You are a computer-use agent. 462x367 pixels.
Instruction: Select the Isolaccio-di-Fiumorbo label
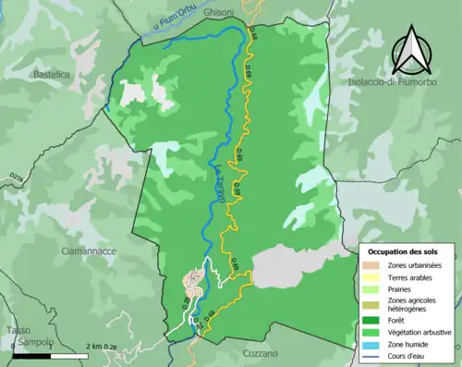point(395,83)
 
